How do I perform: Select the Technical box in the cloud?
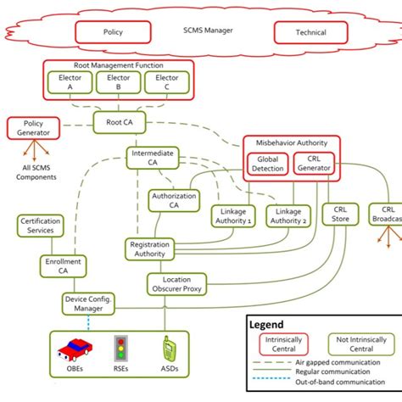click(311, 31)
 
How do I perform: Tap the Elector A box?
click(70, 81)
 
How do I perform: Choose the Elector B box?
click(113, 81)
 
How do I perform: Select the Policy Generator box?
click(33, 128)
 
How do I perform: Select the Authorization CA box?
click(173, 201)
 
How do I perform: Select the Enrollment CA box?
click(62, 266)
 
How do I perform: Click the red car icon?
click(74, 349)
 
